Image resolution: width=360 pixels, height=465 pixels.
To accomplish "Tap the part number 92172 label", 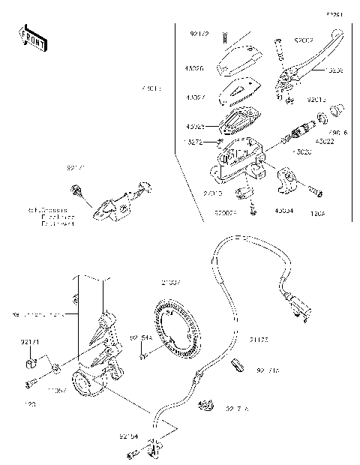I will (199, 34).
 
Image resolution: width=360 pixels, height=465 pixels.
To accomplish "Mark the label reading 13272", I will (193, 140).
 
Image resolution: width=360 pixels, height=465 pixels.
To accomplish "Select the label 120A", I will (319, 212).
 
